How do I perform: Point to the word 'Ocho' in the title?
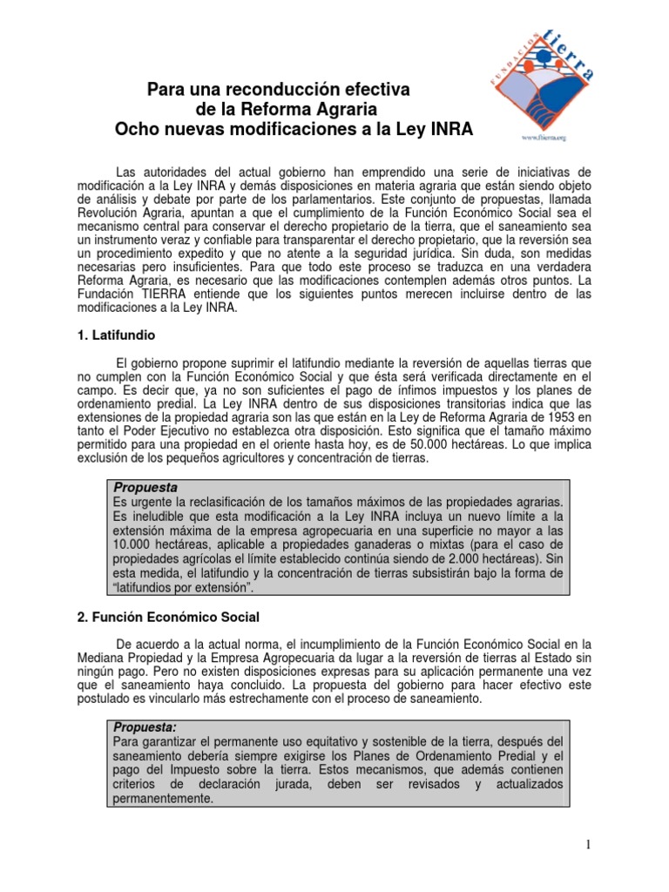pyautogui.click(x=137, y=131)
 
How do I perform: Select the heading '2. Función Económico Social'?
pyautogui.click(x=168, y=618)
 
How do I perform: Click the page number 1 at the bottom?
pyautogui.click(x=590, y=844)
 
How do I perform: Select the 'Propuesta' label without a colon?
pyautogui.click(x=145, y=489)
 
